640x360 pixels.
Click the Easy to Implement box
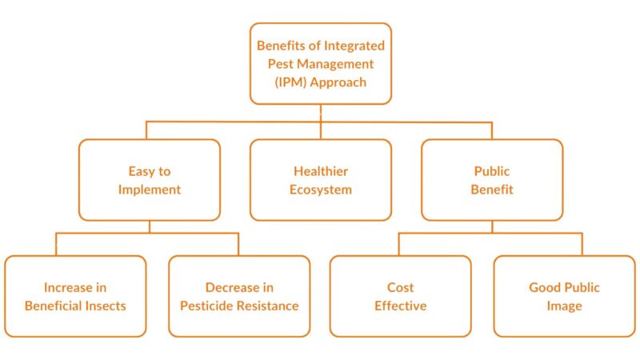[x=150, y=180]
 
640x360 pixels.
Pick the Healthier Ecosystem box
[x=321, y=180]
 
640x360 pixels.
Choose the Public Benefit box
[x=492, y=180]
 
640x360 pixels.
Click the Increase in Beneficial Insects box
[x=75, y=296]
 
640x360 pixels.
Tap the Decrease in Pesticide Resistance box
[x=239, y=296]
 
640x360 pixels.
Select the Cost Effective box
[x=401, y=296]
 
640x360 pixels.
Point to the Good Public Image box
[x=564, y=296]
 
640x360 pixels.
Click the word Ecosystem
[x=321, y=190]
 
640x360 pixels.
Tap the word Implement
[x=150, y=190]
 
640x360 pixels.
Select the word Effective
[x=401, y=306]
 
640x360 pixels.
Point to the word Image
[x=564, y=306]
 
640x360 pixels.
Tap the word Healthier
[x=321, y=171]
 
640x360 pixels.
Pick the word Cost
[x=401, y=287]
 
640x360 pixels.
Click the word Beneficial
[x=55, y=306]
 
